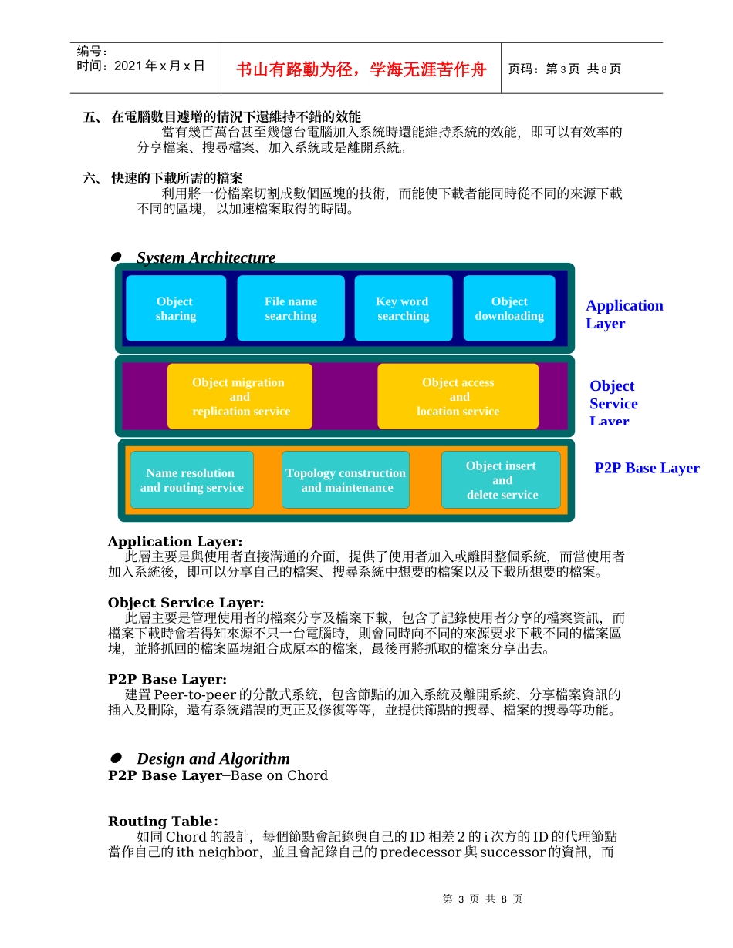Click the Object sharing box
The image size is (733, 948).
click(176, 308)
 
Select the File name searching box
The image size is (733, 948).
click(290, 308)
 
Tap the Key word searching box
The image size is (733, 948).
click(403, 308)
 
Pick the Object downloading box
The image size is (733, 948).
click(509, 308)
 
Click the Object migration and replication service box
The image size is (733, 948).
click(240, 396)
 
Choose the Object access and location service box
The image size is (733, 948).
click(458, 396)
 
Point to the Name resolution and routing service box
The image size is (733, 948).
click(191, 480)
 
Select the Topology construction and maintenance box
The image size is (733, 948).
click(346, 480)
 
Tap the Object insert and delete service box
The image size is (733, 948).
click(502, 480)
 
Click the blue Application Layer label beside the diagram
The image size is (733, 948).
click(623, 314)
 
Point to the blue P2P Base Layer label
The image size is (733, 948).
click(647, 468)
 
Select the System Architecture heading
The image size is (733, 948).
click(206, 257)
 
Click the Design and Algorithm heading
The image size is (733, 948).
click(213, 758)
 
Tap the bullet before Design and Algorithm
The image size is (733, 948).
click(117, 758)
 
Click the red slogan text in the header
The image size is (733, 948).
click(361, 69)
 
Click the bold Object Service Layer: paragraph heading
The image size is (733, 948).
click(186, 603)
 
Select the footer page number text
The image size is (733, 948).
click(482, 899)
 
